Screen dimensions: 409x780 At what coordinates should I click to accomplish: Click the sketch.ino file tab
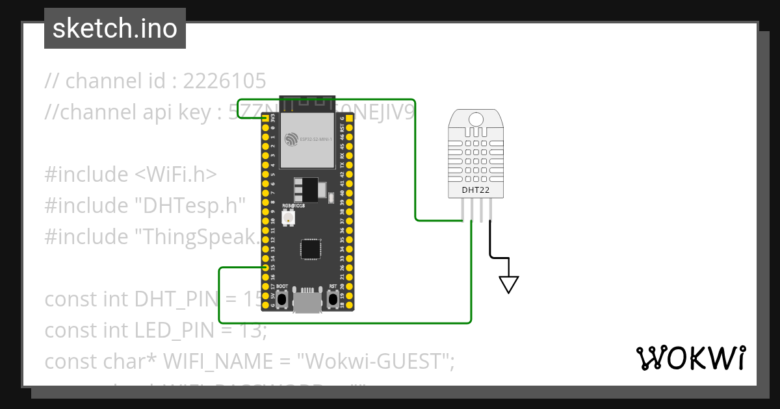(x=115, y=29)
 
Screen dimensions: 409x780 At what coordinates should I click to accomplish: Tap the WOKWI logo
(x=690, y=358)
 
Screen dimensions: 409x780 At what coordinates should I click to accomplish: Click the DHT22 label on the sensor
(x=475, y=190)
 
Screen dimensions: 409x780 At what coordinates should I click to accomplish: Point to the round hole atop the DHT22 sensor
(x=476, y=119)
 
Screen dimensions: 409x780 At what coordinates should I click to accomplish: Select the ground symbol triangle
(x=508, y=284)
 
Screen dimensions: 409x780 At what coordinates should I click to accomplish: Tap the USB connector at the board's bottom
(x=307, y=302)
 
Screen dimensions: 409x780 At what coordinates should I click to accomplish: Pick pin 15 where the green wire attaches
(x=265, y=267)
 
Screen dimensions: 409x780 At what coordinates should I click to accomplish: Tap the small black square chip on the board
(x=310, y=249)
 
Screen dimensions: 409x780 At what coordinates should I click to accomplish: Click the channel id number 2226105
(x=224, y=81)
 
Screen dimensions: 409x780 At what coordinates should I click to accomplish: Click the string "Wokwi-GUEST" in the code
(x=376, y=361)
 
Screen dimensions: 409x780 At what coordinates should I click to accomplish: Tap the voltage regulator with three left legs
(x=306, y=190)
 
